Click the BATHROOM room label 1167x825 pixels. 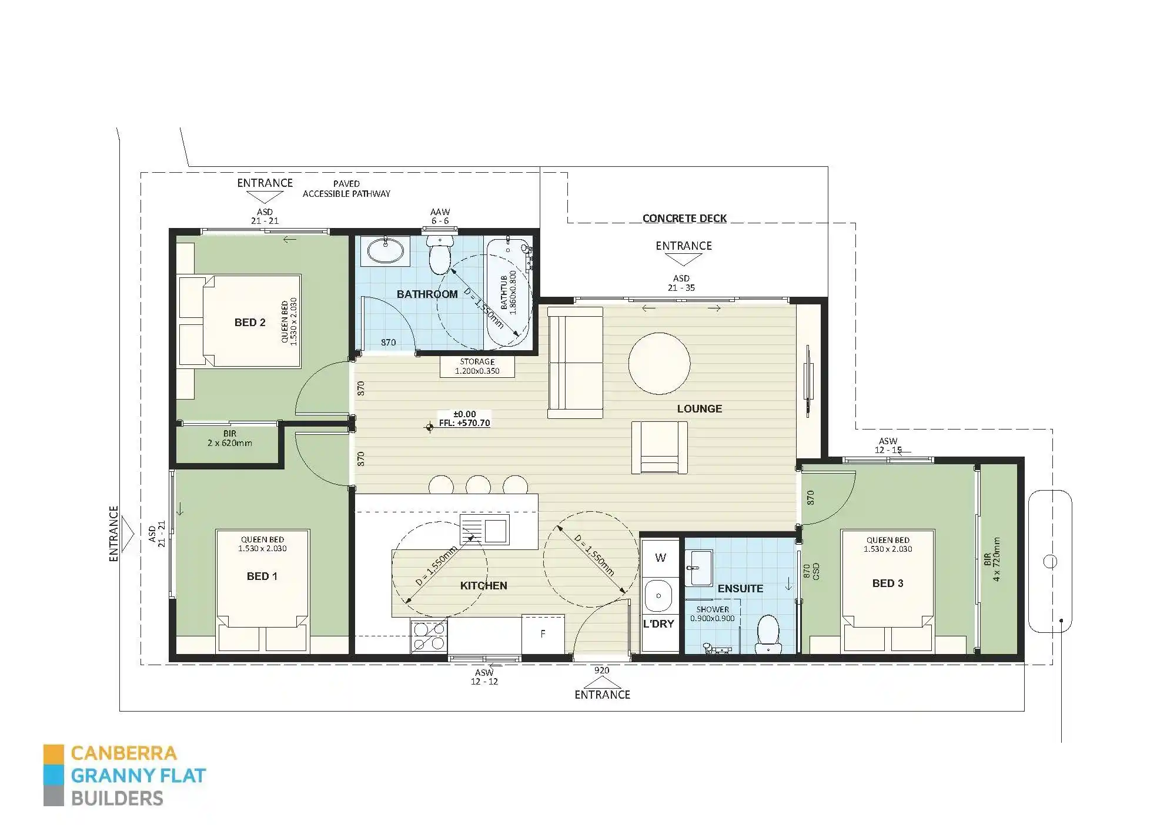(427, 294)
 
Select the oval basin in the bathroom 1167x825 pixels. (386, 251)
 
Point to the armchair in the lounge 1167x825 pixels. (659, 448)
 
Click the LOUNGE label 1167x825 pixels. (699, 409)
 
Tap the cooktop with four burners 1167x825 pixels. (429, 636)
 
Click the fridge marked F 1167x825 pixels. (543, 634)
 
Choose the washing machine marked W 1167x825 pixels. (660, 558)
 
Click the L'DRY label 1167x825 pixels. (658, 624)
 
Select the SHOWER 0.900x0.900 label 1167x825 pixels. (712, 614)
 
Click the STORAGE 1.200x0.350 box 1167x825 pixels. (477, 367)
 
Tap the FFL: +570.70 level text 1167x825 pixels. (464, 423)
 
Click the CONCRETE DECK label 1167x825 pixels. (684, 219)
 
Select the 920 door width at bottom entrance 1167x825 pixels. (601, 670)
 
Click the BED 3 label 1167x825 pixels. (887, 583)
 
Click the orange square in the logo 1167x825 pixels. (53, 754)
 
